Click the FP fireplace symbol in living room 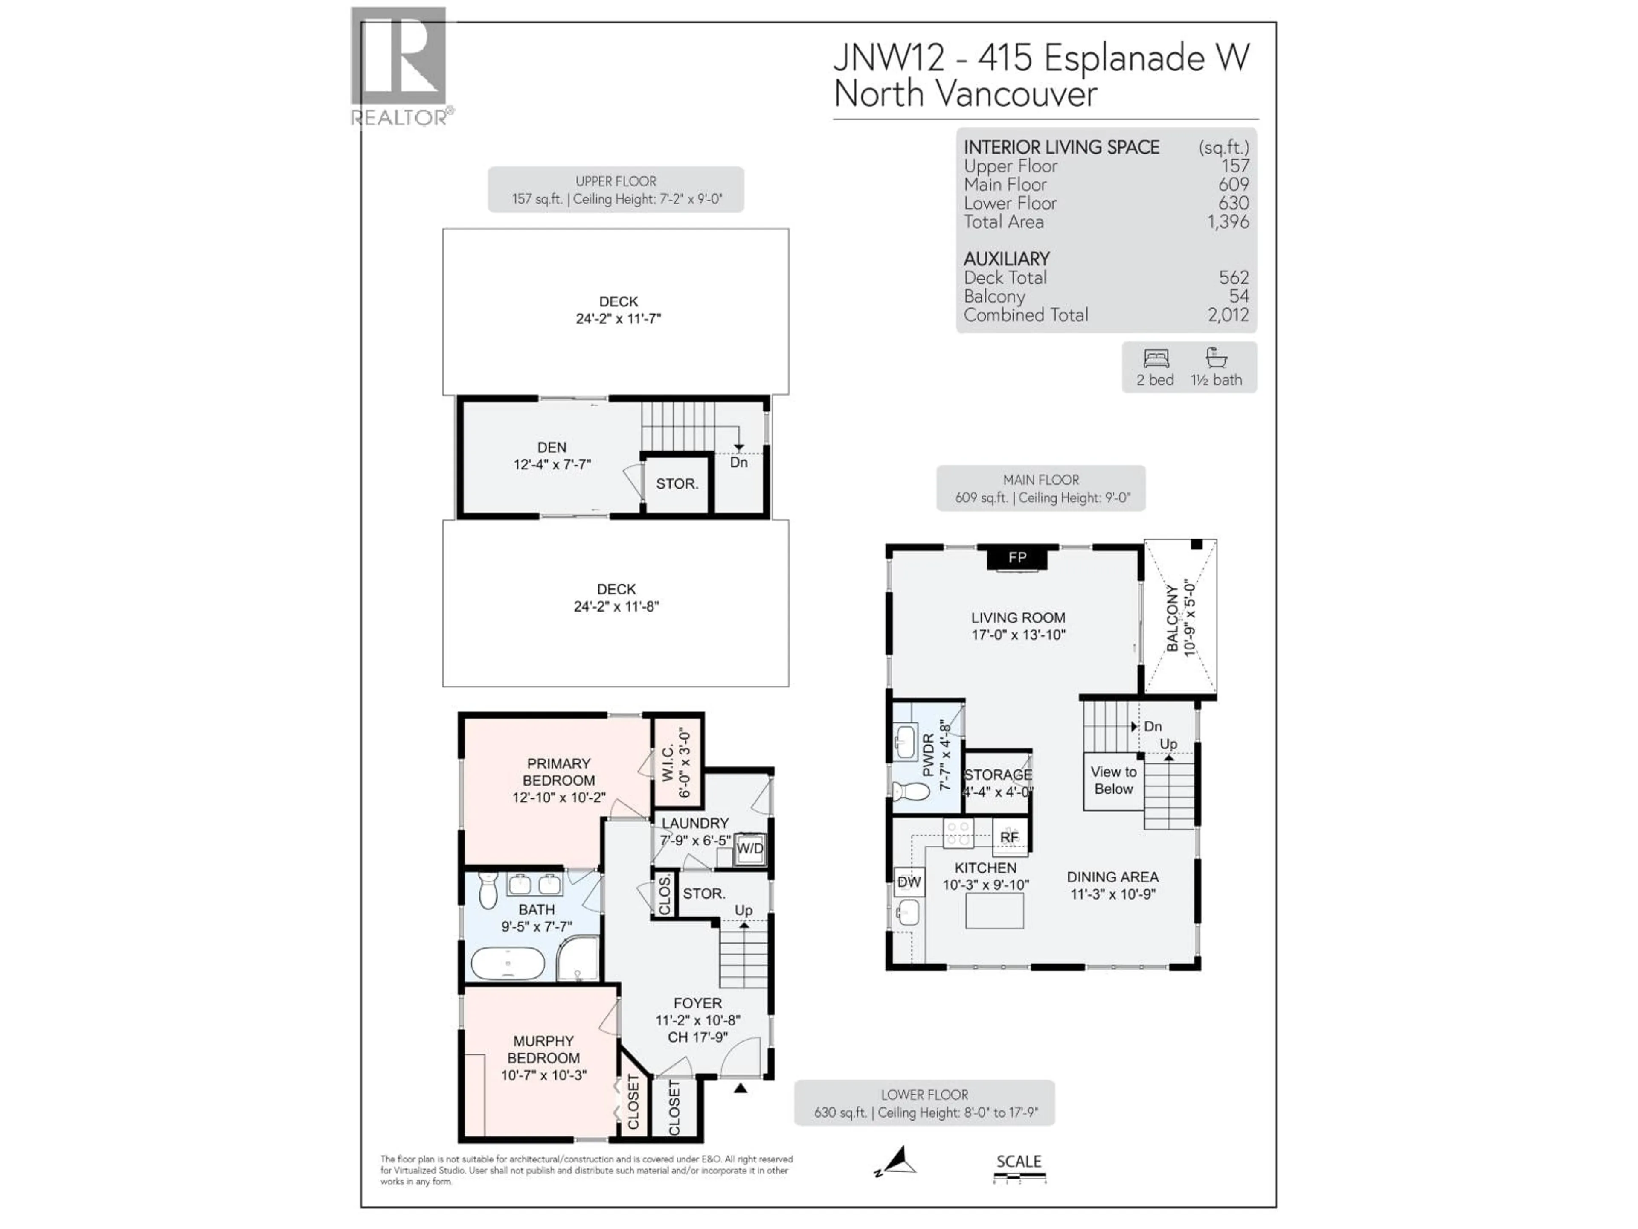[x=1017, y=557]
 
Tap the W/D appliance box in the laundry [x=749, y=849]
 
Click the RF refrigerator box [x=1009, y=837]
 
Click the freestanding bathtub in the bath [x=508, y=964]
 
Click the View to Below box [x=1113, y=781]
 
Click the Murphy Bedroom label [x=543, y=1050]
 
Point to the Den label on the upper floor [x=552, y=448]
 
